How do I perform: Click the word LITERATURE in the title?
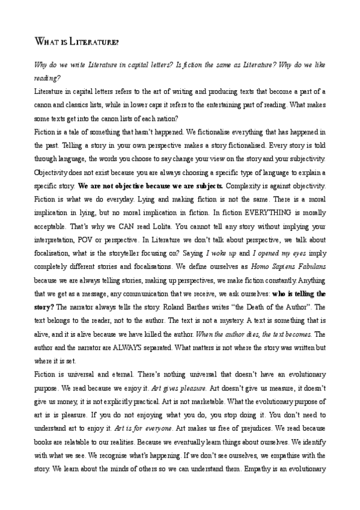point(93,43)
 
